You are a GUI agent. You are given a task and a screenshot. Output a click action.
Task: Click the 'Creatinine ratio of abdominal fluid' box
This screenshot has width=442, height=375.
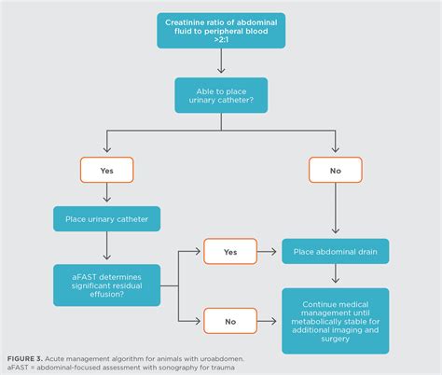(221, 30)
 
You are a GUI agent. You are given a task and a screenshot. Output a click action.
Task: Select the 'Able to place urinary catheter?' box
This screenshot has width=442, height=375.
(221, 96)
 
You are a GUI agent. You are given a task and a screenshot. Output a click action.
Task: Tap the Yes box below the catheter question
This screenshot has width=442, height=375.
(107, 171)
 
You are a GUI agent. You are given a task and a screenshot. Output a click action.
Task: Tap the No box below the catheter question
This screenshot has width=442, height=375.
(335, 171)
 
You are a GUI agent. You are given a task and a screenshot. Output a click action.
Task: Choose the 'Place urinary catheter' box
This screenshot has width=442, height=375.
(107, 220)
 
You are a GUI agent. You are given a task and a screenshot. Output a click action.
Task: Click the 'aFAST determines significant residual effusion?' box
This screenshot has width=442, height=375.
(107, 283)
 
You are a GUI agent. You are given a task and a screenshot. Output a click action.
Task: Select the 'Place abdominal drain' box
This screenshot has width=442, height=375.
(336, 251)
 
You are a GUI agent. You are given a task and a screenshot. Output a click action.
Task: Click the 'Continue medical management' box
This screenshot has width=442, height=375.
(336, 319)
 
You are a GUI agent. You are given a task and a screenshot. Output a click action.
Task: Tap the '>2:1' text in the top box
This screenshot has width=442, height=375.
(221, 40)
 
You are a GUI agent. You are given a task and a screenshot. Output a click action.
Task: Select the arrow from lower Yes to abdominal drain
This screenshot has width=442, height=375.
(269, 251)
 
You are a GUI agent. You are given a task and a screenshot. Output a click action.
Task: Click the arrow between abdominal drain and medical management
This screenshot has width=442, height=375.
(336, 275)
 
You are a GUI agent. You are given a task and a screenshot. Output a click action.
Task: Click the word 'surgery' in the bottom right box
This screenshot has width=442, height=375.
(336, 340)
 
